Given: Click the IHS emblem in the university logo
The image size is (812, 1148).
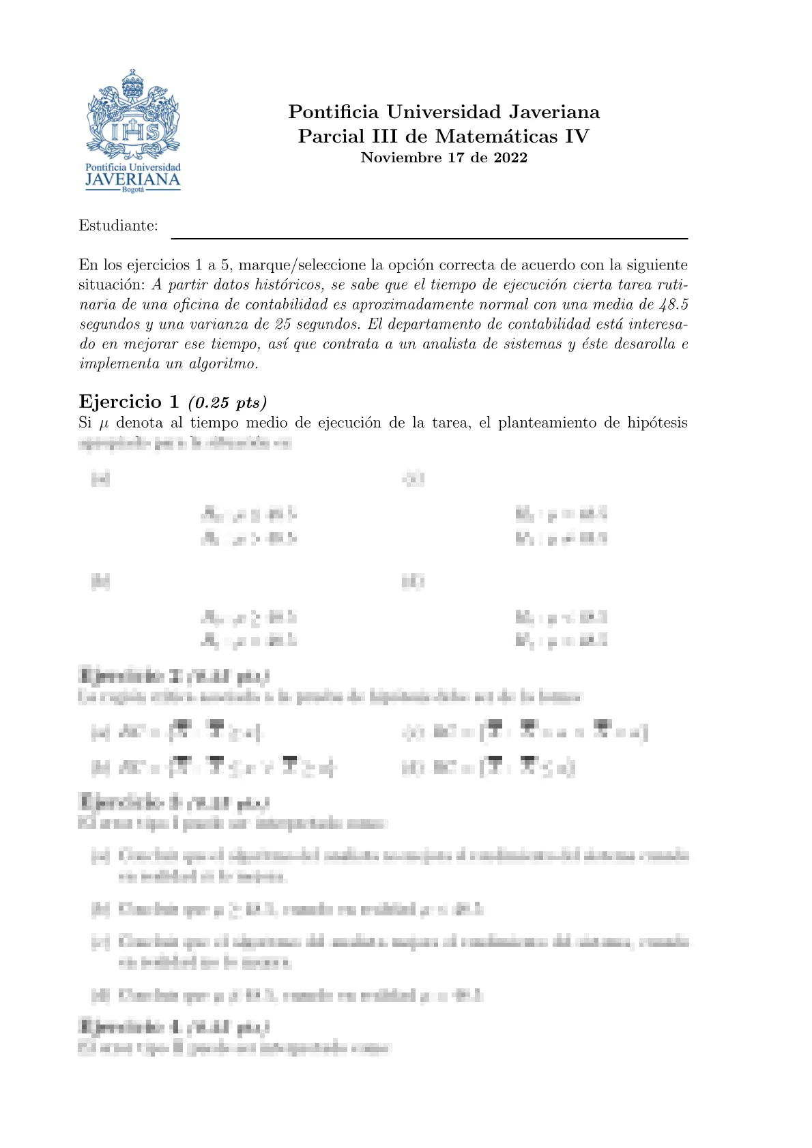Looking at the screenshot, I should pos(134,131).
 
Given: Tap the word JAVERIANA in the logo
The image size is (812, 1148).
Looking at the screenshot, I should pos(132,180).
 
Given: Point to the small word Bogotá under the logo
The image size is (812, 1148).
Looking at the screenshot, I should pos(133,190).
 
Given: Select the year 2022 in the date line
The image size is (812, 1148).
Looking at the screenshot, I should pos(510,158).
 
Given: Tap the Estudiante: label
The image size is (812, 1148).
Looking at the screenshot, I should pos(118,226).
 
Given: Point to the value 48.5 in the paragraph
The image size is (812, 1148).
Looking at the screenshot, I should pos(671,304).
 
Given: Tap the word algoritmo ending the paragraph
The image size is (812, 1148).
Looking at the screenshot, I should pos(223,364).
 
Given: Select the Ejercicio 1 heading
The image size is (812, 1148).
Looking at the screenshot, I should pos(129,401).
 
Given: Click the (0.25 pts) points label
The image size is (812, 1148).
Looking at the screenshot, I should pos(227,402).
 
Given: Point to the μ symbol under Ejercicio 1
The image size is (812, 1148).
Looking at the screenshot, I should pos(104,423).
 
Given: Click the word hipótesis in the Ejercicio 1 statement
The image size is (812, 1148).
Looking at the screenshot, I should pos(656,423).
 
